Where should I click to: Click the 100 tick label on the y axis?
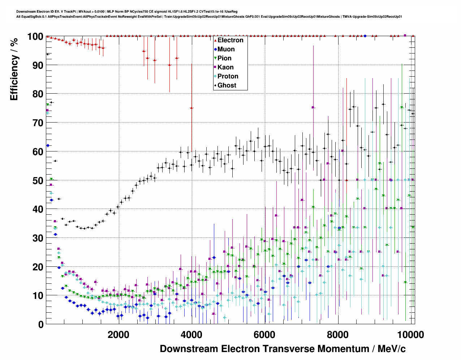click(x=35, y=37)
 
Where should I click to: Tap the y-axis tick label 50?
click(x=38, y=180)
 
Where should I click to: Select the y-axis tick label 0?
click(x=41, y=324)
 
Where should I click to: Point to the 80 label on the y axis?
click(x=38, y=94)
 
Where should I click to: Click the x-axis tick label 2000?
click(x=118, y=335)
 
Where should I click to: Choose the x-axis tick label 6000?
click(x=265, y=335)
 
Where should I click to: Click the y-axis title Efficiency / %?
click(x=14, y=69)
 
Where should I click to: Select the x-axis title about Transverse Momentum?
click(x=283, y=349)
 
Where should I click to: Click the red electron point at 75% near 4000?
click(x=191, y=108)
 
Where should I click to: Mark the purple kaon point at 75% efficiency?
click(x=313, y=107)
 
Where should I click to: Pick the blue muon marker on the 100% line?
click(x=365, y=36)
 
